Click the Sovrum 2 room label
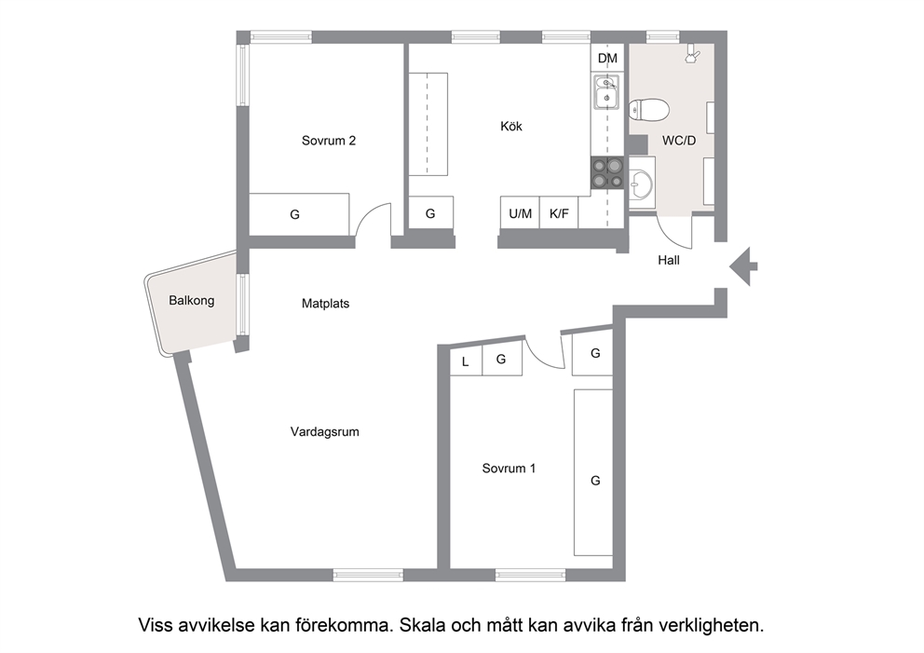coord(328,141)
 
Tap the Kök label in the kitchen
coord(511,126)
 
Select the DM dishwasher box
coord(607,59)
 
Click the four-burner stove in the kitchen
coord(607,172)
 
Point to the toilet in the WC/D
coord(649,110)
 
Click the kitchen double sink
coord(605,92)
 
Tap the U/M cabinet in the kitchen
coord(520,212)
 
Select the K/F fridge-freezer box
coord(559,212)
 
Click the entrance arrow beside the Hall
coord(743,266)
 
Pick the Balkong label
coord(192,301)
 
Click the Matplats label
coord(325,304)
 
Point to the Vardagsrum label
coord(325,431)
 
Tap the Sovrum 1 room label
coord(509,468)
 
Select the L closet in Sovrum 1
coord(466,361)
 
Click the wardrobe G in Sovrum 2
coord(299,214)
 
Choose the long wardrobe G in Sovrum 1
coord(593,472)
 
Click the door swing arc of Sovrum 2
coord(367,211)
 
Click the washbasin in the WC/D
coord(641,183)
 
